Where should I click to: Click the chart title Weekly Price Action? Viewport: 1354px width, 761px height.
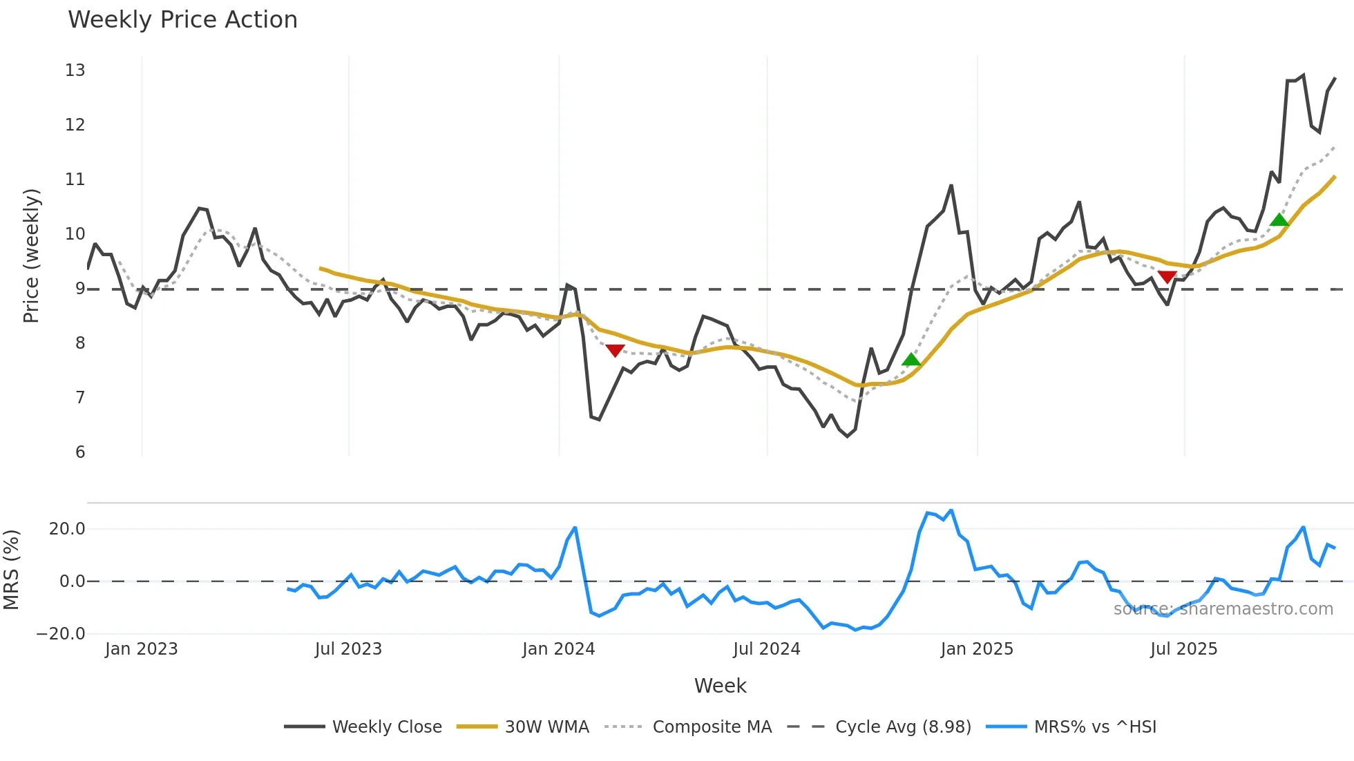tap(182, 20)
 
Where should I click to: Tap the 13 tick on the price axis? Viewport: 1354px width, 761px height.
tap(75, 70)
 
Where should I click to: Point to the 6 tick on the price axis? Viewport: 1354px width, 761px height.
tap(80, 452)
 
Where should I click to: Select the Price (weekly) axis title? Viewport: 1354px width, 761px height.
tap(31, 256)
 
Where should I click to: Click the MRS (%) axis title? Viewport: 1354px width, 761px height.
tap(11, 570)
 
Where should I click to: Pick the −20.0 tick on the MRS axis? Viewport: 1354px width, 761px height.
tap(61, 634)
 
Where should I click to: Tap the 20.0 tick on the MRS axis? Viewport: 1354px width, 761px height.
tap(67, 529)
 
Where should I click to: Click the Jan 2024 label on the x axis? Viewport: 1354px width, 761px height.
tap(558, 649)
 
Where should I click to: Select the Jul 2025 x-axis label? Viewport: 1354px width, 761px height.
tap(1183, 649)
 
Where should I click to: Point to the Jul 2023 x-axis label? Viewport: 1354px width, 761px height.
tap(348, 649)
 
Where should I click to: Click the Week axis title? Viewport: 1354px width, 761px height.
tap(720, 686)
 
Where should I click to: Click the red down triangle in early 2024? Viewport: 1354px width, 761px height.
tap(615, 350)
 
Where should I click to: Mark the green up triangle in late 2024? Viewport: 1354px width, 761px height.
tap(911, 360)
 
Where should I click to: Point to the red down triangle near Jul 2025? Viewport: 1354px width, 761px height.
tap(1167, 277)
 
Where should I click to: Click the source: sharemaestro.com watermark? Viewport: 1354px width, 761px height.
tap(1223, 609)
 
